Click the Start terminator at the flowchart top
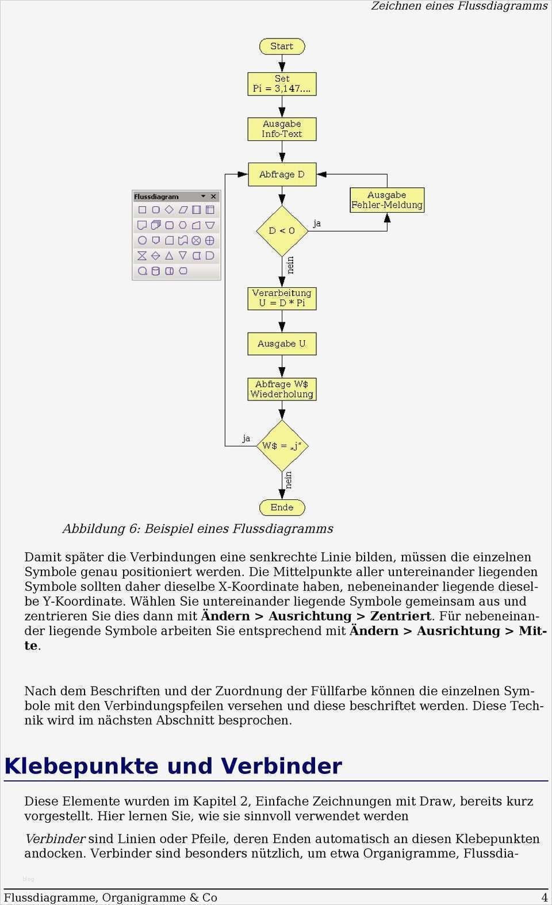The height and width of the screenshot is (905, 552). [282, 46]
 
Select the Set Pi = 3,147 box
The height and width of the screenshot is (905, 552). [282, 84]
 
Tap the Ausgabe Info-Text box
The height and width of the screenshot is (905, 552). [282, 129]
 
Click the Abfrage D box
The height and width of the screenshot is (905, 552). [282, 174]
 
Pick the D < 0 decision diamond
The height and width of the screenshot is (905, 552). [282, 230]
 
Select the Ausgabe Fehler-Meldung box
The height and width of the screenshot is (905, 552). [387, 200]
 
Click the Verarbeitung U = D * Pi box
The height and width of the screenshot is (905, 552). [282, 298]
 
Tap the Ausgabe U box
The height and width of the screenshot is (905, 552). [282, 344]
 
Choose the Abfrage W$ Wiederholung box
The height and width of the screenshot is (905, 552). [282, 389]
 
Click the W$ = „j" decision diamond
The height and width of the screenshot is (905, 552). [282, 446]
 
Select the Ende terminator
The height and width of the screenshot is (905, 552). [282, 507]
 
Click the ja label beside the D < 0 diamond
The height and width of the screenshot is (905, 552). [317, 223]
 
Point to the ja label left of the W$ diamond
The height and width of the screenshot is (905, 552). [246, 438]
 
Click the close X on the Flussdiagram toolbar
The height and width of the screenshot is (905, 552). [213, 197]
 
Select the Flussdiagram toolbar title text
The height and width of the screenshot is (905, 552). [156, 197]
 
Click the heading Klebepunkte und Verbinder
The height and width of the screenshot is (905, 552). [173, 766]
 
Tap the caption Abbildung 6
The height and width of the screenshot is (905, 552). [198, 528]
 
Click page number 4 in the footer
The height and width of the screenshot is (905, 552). [544, 897]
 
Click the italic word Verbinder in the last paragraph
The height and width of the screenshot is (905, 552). [55, 838]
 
